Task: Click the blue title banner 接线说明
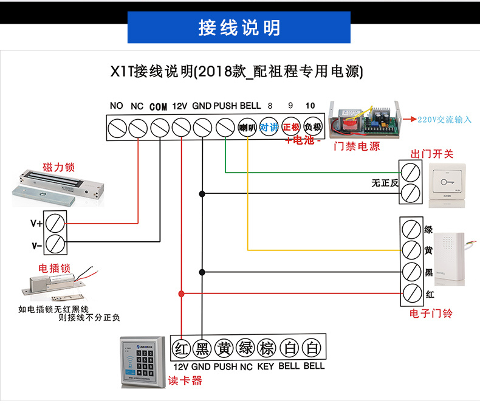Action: tap(239, 28)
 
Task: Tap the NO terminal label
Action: tap(117, 106)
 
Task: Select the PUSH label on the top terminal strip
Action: tap(225, 106)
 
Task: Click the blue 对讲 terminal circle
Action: tap(269, 128)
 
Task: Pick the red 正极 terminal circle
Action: tap(292, 128)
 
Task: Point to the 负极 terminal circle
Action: tap(312, 128)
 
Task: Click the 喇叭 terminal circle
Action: tap(246, 128)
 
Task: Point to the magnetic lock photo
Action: tap(57, 187)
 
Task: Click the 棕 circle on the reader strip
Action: tap(266, 349)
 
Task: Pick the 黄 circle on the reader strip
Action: tap(224, 349)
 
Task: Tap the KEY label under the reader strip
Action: tap(266, 366)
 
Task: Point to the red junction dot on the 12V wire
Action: tap(181, 294)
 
